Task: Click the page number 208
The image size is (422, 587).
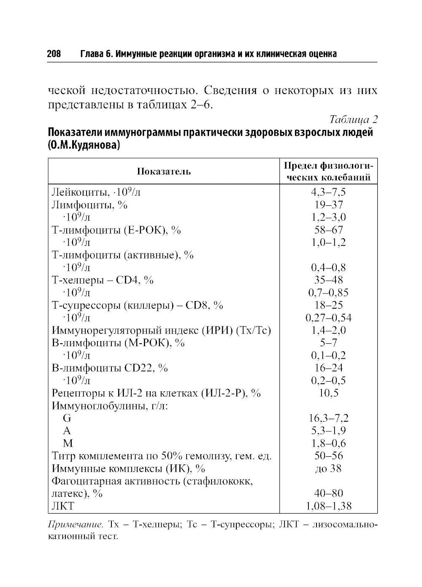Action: (54, 54)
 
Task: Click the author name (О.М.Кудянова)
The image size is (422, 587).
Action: (84, 145)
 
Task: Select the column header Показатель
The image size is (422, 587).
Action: (164, 171)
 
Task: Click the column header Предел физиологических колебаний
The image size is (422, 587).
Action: (329, 171)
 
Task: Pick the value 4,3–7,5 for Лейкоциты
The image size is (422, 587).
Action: (328, 192)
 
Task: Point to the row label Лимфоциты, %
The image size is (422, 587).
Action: (89, 205)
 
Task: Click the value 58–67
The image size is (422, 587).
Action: (328, 230)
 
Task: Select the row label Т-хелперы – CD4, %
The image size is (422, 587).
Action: (103, 280)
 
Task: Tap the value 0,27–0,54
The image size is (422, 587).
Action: (328, 318)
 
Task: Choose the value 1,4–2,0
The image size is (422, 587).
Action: (328, 330)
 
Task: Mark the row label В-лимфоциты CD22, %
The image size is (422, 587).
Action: (110, 368)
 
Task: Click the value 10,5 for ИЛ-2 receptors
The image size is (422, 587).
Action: (328, 393)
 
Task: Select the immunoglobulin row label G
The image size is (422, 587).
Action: (67, 418)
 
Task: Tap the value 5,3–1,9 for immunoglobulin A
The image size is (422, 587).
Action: (328, 431)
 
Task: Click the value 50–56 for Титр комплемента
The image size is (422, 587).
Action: (328, 456)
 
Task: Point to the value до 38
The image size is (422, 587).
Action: (328, 469)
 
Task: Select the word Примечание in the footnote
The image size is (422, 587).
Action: (76, 525)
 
